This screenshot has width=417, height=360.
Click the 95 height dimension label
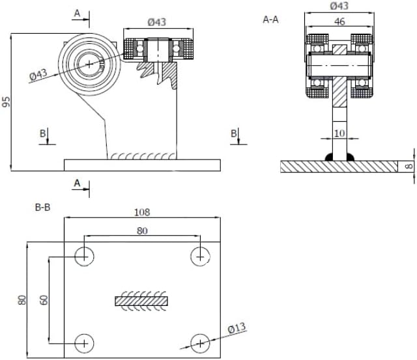[x=7, y=102]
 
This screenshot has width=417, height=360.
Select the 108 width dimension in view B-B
[x=142, y=212]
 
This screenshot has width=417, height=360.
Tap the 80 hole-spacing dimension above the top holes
[x=141, y=230]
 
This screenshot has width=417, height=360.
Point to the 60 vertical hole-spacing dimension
[x=44, y=300]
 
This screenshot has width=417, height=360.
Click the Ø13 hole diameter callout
[x=237, y=329]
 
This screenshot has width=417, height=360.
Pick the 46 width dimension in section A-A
[x=339, y=21]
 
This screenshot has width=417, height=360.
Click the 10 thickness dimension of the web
[x=339, y=133]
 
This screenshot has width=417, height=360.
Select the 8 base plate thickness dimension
[x=409, y=166]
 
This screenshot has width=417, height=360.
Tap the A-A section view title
[x=270, y=20]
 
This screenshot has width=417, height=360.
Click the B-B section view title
[x=43, y=208]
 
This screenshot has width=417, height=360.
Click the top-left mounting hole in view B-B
[x=83, y=256]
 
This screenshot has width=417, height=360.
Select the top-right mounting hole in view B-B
[x=200, y=256]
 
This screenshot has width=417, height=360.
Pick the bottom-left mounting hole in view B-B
[x=83, y=342]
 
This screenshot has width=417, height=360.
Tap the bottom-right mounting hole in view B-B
[x=200, y=342]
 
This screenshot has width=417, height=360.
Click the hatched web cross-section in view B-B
[x=141, y=301]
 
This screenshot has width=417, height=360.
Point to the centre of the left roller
[x=89, y=62]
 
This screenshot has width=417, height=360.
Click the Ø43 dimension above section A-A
[x=339, y=6]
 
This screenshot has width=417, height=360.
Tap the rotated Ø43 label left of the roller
[x=39, y=75]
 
